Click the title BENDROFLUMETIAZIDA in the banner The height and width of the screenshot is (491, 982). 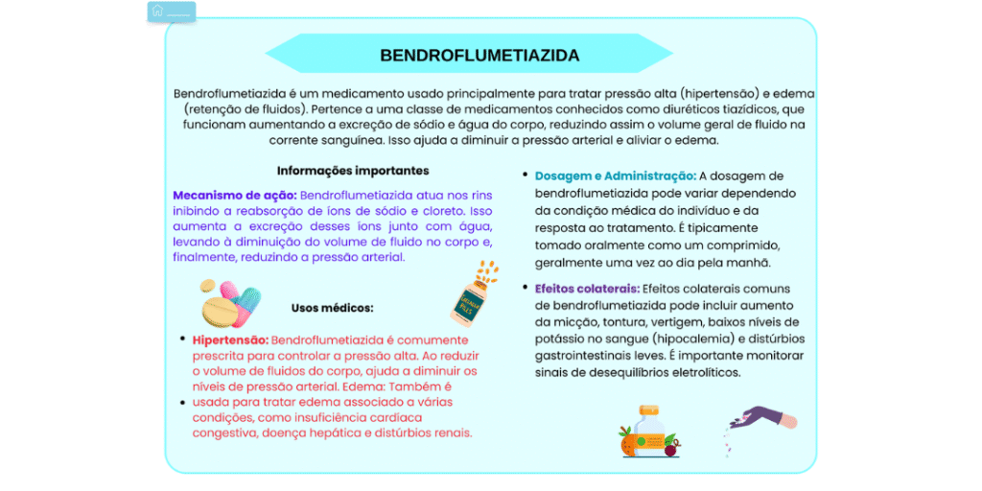(x=479, y=56)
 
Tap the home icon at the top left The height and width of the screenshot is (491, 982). (x=157, y=11)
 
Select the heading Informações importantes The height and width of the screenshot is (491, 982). (x=353, y=171)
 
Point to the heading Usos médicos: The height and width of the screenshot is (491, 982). (x=332, y=308)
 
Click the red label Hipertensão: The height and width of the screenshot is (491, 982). (x=230, y=339)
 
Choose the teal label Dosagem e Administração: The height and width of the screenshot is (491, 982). (x=615, y=176)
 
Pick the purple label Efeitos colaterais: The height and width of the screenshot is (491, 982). (x=587, y=288)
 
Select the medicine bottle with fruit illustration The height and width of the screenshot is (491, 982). (x=649, y=432)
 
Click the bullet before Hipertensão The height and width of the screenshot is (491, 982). (x=182, y=339)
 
